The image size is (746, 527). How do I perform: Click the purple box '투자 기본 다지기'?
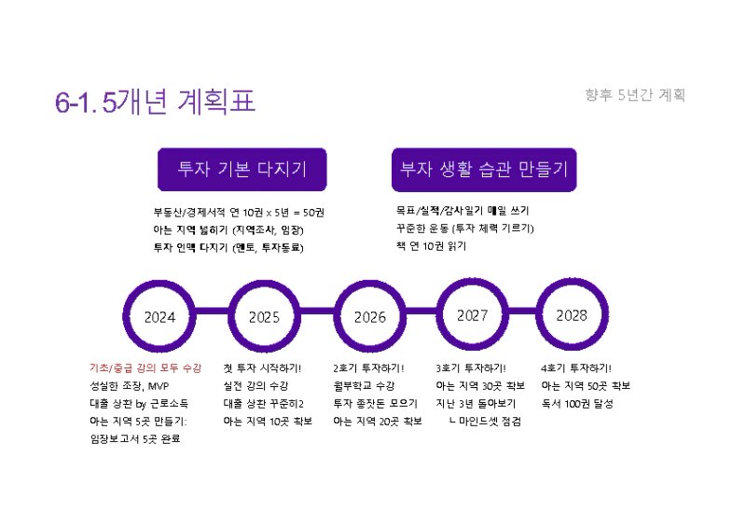(242, 170)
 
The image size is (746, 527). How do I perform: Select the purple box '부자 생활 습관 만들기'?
(484, 170)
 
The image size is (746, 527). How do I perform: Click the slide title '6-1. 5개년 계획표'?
(155, 102)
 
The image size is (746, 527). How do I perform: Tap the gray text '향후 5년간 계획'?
(635, 95)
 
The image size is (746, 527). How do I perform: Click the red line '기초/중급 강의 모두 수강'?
(145, 368)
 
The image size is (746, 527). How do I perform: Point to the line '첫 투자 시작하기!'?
(262, 368)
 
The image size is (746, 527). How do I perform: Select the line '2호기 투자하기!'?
(368, 368)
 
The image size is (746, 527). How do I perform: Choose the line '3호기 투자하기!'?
(471, 368)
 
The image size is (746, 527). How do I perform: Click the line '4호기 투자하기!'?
(576, 368)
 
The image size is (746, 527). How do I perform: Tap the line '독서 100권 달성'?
(577, 404)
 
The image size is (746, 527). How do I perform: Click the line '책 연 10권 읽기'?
(431, 246)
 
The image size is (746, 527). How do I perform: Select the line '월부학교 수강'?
(364, 385)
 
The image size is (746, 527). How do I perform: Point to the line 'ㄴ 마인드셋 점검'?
(485, 422)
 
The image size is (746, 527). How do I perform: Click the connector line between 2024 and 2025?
(213, 312)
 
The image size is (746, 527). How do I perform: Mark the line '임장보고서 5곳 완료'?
(135, 439)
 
